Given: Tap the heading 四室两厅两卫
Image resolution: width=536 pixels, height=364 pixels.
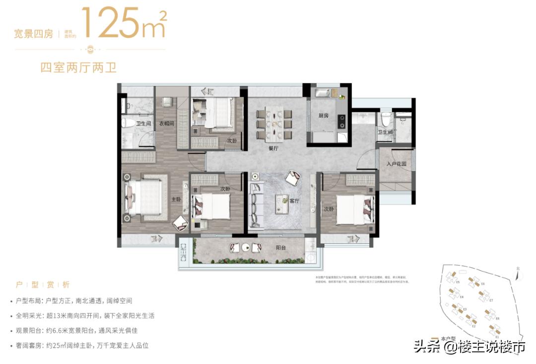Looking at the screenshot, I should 78,68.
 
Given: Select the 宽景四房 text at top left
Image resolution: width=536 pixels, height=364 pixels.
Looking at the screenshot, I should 33,34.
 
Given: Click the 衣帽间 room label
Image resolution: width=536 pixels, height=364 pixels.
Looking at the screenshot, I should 166,124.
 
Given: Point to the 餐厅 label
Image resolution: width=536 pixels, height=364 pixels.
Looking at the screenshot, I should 275,147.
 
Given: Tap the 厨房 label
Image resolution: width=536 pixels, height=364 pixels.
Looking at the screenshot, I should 324,116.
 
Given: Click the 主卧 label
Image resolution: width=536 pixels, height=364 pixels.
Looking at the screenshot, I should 175,199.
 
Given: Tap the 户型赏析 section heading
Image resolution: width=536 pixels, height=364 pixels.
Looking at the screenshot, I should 43,285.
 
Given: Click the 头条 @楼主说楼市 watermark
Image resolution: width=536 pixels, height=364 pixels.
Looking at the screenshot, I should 469,347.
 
